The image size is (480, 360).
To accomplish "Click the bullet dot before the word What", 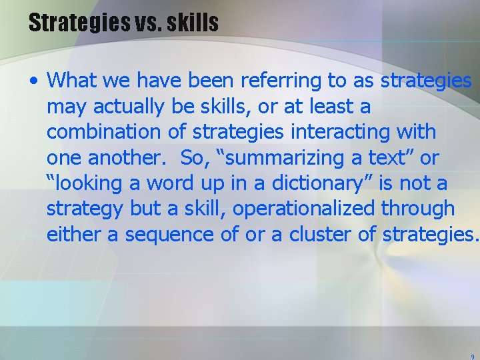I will point(34,81).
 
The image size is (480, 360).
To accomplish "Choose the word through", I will point(418,208).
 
